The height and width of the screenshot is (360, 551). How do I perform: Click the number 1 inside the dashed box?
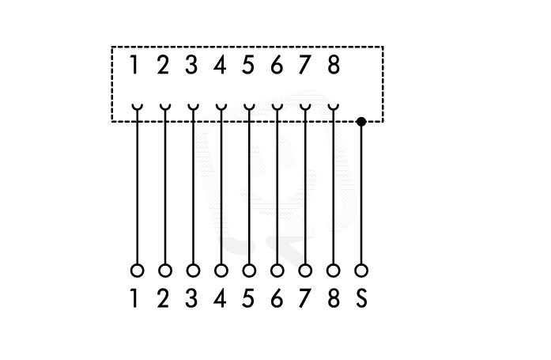[x=134, y=65]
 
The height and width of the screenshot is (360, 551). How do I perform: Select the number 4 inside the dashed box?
[x=220, y=65]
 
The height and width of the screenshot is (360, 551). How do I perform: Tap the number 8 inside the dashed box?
[x=334, y=65]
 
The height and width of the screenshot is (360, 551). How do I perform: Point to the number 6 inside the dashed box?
[x=277, y=65]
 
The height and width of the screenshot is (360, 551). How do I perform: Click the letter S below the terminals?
[x=361, y=298]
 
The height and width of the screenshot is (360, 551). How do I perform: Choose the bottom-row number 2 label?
[x=163, y=298]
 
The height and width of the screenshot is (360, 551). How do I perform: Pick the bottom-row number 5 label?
[x=247, y=298]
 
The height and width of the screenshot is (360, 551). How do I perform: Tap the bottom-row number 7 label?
[x=304, y=298]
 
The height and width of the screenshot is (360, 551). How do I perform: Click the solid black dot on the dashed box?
[x=361, y=122]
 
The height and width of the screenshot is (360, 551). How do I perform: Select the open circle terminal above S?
[x=361, y=271]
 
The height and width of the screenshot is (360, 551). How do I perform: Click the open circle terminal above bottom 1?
[x=137, y=271]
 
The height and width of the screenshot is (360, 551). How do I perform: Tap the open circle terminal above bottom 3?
[x=193, y=271]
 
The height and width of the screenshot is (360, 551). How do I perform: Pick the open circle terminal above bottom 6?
[x=277, y=271]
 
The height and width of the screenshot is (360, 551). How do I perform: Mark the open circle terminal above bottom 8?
[x=333, y=271]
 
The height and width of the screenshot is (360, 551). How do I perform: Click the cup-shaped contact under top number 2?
[x=165, y=107]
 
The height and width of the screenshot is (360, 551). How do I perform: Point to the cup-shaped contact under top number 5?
[x=249, y=107]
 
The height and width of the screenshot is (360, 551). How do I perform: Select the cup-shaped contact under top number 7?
[x=305, y=107]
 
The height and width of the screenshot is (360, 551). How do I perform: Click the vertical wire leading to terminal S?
[x=361, y=195]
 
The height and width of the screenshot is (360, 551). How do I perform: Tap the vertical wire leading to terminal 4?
[x=221, y=187]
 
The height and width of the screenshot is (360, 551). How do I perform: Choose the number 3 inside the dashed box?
[x=191, y=65]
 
